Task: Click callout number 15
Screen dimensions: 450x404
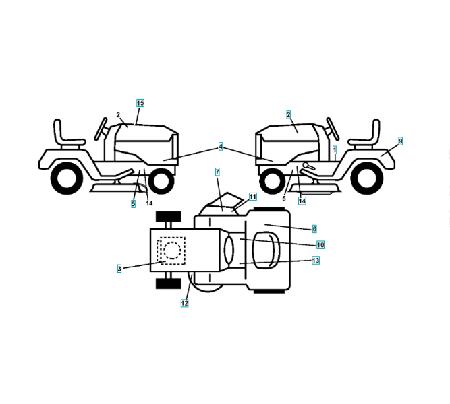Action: tap(140, 103)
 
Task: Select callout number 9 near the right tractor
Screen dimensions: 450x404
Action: tap(400, 141)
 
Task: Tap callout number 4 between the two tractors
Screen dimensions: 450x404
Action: tap(220, 146)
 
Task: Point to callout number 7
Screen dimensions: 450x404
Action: tap(217, 172)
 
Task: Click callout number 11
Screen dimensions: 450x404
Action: tap(252, 197)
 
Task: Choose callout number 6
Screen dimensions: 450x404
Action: tap(314, 229)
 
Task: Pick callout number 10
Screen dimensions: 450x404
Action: tap(320, 244)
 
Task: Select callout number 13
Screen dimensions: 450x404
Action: tap(315, 260)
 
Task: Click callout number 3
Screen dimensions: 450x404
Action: tap(119, 268)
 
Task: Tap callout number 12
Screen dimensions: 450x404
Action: tap(184, 303)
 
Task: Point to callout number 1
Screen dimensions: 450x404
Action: tap(335, 148)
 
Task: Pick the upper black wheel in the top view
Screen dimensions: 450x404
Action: tap(169, 217)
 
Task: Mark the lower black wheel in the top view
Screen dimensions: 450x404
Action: tap(169, 283)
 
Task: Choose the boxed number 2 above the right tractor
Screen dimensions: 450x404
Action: tap(288, 115)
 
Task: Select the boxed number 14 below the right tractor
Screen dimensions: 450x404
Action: tap(302, 201)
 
